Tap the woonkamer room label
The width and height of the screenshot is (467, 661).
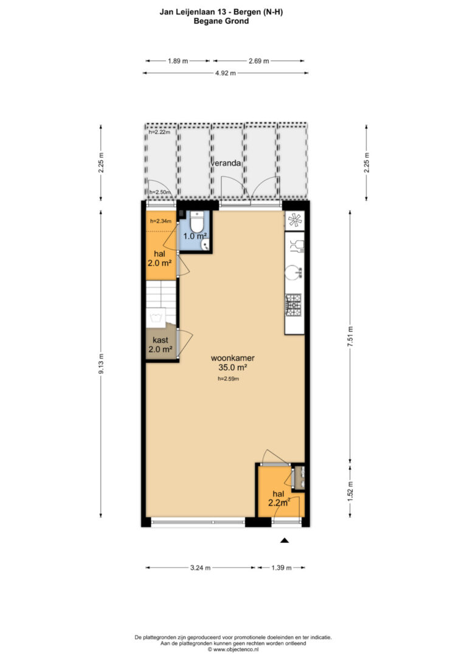point(232,358)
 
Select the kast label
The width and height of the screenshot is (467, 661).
point(161,340)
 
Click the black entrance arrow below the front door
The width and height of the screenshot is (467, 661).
point(285,540)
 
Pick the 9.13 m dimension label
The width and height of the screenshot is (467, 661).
point(101,364)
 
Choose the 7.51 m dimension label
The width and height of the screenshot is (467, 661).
point(350,337)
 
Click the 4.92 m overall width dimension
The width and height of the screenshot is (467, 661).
point(225,73)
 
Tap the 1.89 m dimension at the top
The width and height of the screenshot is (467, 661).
point(178,61)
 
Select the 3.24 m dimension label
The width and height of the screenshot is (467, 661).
point(200,567)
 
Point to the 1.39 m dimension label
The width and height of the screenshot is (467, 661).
point(282,567)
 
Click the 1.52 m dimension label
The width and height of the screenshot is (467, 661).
point(350,491)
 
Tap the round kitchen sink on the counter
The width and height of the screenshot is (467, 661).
point(294,272)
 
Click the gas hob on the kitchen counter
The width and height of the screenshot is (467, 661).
point(294,305)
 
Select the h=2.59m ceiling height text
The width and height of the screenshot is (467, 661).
point(228,379)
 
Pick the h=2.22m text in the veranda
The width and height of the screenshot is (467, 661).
point(159,132)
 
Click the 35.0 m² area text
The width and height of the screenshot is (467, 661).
point(232,367)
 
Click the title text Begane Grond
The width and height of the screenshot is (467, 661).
point(221,21)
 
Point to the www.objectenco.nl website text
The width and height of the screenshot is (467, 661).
point(236,649)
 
